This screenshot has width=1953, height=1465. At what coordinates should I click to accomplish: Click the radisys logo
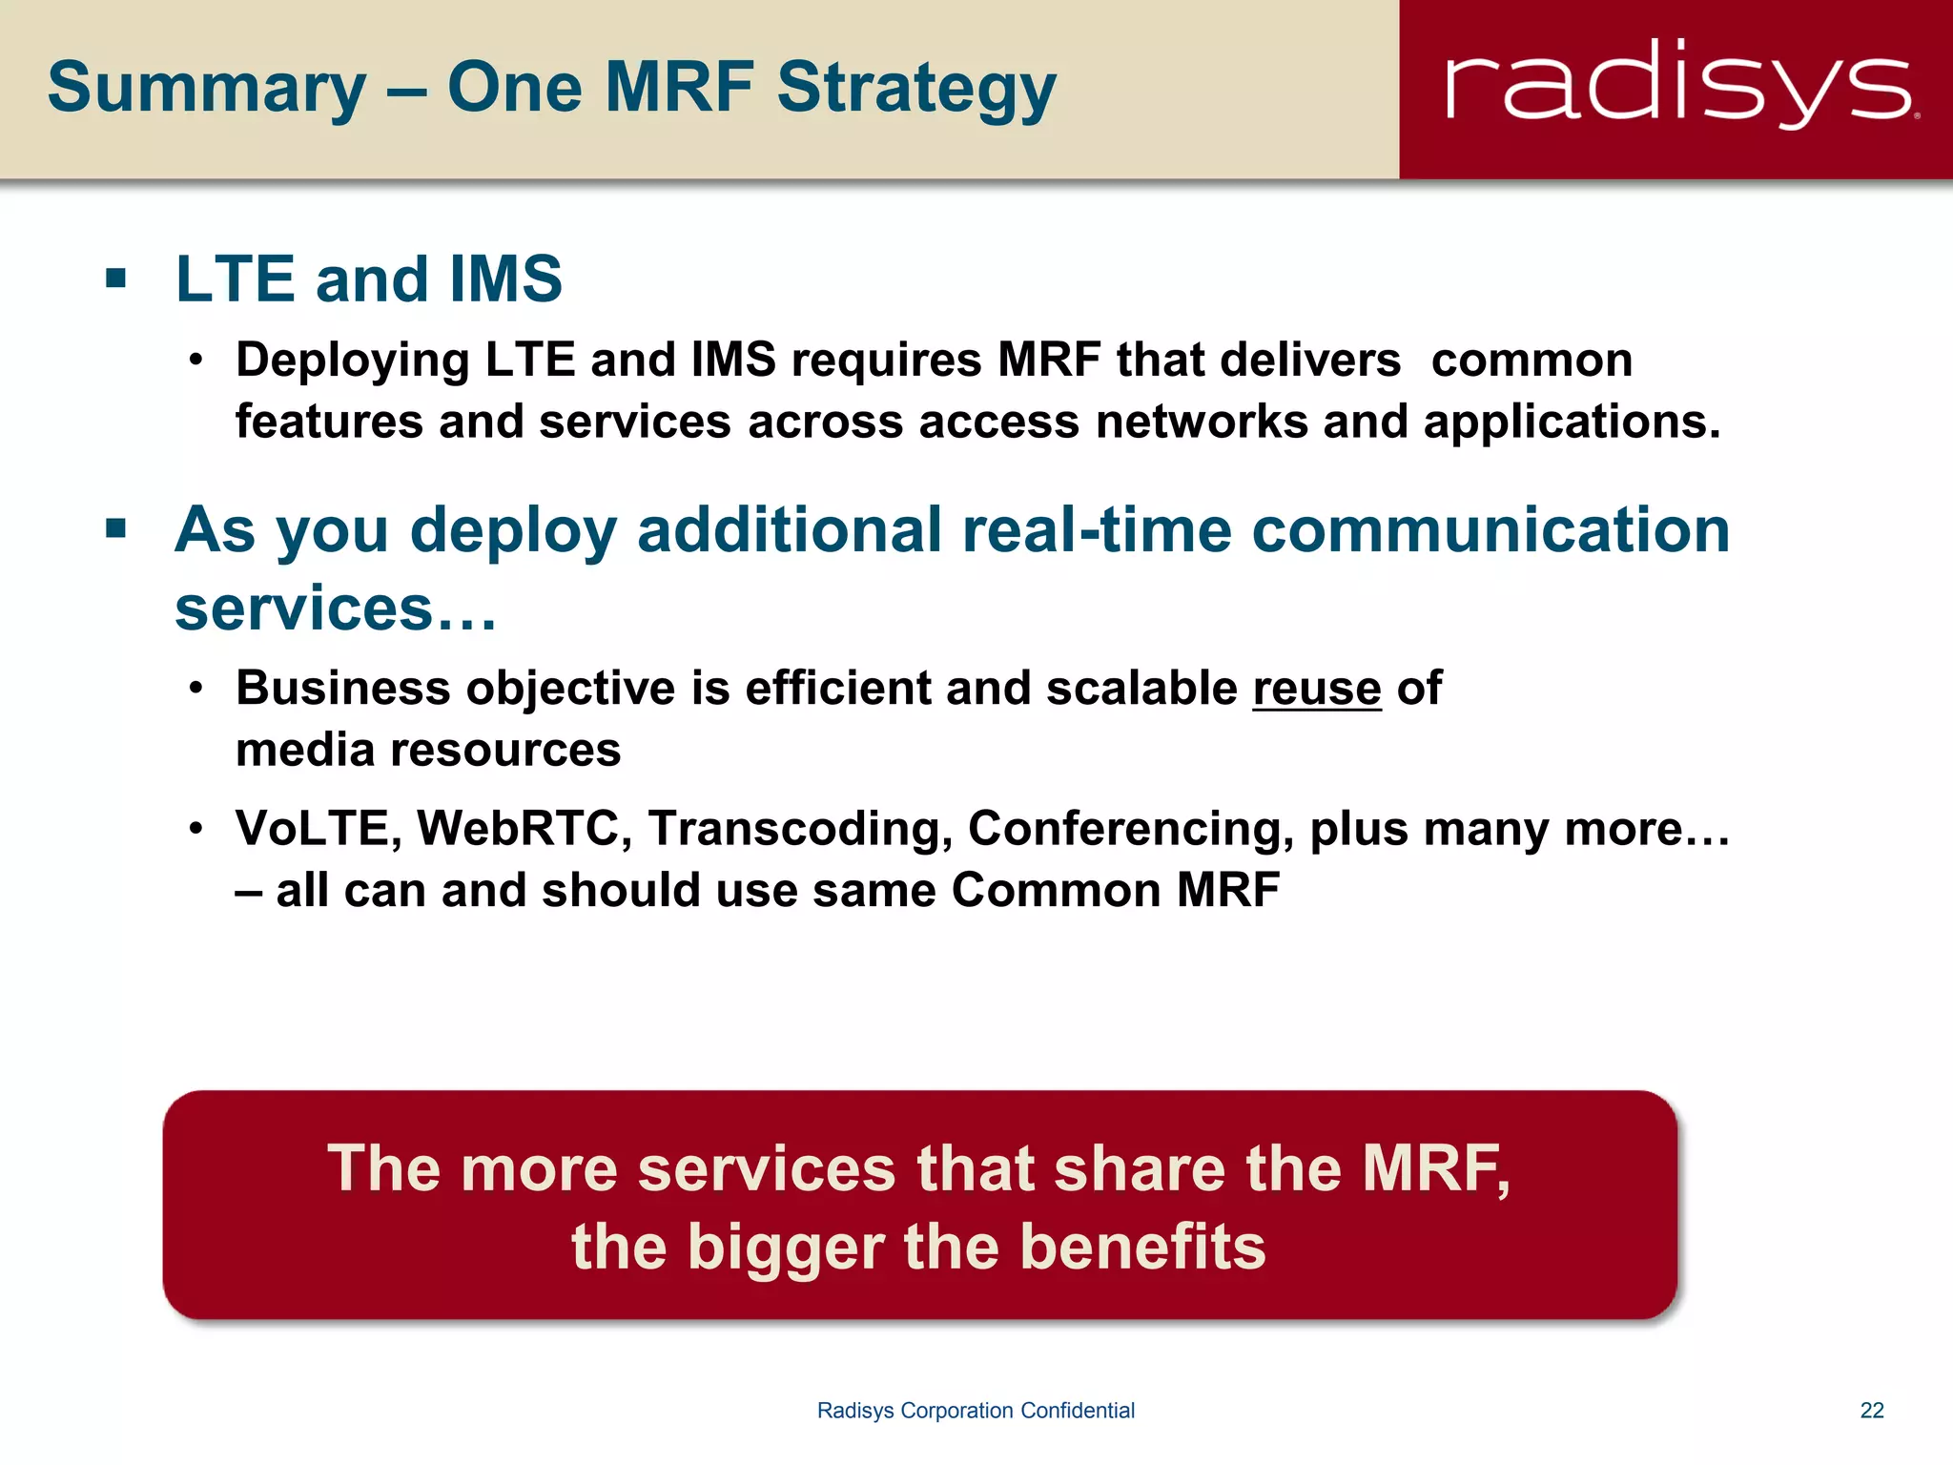(x=1680, y=86)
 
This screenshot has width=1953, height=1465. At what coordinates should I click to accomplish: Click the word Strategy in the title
(x=916, y=89)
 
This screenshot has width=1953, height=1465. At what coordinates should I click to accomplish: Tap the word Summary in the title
(x=206, y=89)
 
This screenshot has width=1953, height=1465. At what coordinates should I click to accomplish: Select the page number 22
(x=1872, y=1411)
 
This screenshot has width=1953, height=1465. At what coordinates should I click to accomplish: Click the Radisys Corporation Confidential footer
(x=976, y=1411)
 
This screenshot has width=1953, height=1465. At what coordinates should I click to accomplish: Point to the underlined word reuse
(x=1316, y=689)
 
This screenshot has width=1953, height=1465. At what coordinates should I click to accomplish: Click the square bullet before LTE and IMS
(x=116, y=279)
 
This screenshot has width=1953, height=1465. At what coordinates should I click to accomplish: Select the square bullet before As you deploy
(x=116, y=528)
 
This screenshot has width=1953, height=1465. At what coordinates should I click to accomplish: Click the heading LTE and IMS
(x=369, y=279)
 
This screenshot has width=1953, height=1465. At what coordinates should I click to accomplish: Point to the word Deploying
(x=353, y=361)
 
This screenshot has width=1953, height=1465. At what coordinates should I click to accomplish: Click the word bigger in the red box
(x=786, y=1248)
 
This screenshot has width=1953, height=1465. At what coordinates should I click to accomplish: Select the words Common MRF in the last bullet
(x=1115, y=890)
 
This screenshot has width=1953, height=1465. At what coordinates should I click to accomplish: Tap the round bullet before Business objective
(x=196, y=689)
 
